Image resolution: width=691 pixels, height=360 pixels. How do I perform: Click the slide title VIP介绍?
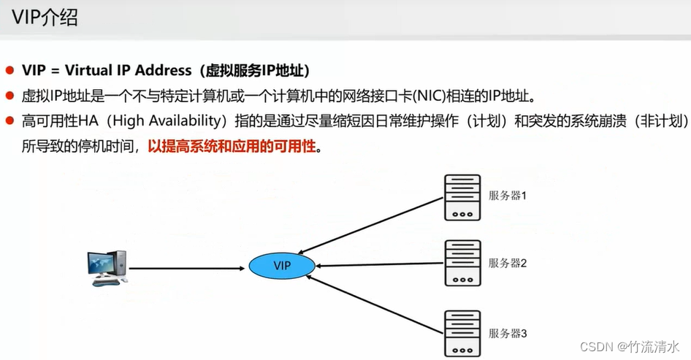(44, 18)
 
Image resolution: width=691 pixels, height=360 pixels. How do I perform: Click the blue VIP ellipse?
(282, 267)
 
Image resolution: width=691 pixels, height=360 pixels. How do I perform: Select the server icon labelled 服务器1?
(462, 197)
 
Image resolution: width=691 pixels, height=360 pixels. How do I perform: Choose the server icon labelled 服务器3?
(462, 332)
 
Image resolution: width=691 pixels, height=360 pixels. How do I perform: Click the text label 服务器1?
(508, 196)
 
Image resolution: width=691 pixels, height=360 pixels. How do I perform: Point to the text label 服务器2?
(508, 262)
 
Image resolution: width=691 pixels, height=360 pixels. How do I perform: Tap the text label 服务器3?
(508, 333)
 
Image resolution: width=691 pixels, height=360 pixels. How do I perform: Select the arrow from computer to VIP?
(186, 268)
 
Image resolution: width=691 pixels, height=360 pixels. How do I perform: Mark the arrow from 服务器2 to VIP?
(380, 265)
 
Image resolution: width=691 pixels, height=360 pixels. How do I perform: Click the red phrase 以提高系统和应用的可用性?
(232, 145)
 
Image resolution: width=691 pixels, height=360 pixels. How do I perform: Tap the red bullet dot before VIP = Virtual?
(10, 71)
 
